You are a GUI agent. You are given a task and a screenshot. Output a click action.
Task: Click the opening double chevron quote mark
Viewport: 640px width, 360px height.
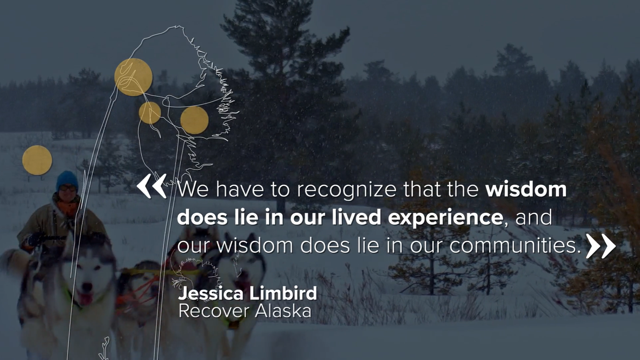(152, 186)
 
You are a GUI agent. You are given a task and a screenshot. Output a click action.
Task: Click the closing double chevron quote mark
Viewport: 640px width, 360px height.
(600, 246)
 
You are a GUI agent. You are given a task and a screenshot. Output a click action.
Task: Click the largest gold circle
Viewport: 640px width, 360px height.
(134, 77)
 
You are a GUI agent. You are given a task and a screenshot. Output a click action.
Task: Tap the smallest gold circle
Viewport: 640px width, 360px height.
(150, 113)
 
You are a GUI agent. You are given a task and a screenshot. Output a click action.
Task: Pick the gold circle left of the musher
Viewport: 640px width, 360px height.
(37, 160)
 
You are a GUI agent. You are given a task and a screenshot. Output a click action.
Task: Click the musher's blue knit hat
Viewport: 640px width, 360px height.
(67, 180)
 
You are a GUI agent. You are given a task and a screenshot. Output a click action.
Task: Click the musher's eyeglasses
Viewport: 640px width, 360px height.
(68, 188)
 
